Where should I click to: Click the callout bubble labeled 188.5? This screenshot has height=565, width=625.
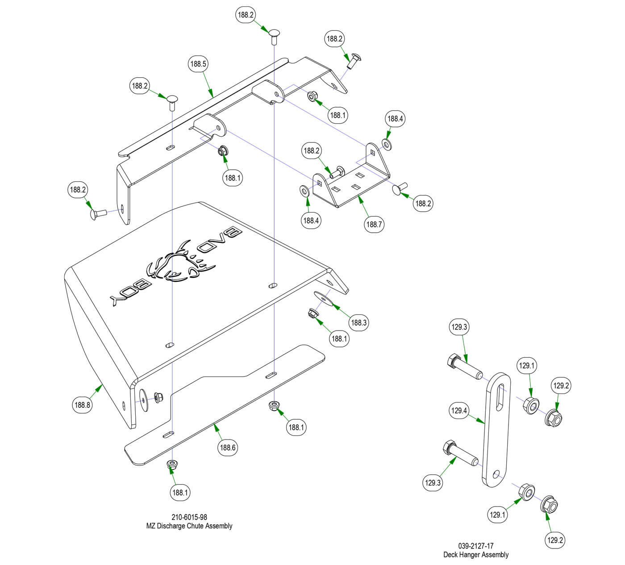(x=198, y=64)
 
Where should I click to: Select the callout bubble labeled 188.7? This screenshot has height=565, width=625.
(x=374, y=224)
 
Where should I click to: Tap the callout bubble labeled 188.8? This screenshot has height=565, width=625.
(x=83, y=405)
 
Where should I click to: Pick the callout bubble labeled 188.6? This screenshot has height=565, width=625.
(x=227, y=447)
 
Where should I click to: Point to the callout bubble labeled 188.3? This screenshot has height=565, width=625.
(x=358, y=322)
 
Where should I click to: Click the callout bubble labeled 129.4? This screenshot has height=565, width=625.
(x=459, y=410)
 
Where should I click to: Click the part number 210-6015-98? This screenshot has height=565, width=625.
(x=189, y=517)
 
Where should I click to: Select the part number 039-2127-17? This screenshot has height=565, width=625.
(x=476, y=546)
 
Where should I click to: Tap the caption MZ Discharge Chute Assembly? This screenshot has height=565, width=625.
(x=189, y=526)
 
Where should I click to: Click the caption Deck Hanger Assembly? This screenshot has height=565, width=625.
(x=476, y=555)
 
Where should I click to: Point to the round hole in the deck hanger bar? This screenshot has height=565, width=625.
(x=496, y=473)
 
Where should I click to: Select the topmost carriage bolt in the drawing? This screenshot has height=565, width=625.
(x=274, y=35)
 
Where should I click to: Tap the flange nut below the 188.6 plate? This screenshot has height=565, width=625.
(x=172, y=464)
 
